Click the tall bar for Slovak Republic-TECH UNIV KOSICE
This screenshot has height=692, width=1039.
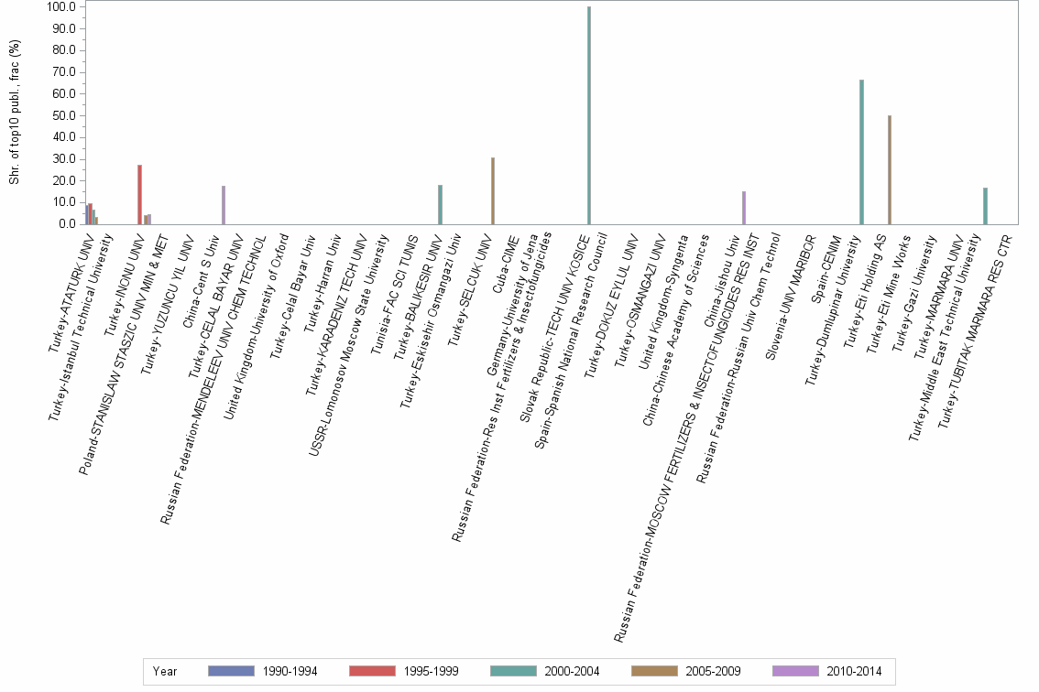589,115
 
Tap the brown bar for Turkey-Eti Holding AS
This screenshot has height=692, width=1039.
890,169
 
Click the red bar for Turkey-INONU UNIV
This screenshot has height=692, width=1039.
139,194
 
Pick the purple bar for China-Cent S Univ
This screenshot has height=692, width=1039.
224,205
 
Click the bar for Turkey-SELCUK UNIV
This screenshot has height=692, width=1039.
493,190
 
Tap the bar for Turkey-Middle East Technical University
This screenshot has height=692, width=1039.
985,206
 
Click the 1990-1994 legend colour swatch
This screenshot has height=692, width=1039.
229,671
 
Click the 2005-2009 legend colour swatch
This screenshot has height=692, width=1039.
653,671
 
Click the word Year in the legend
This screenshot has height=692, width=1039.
165,671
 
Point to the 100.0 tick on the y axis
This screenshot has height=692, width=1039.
61,7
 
